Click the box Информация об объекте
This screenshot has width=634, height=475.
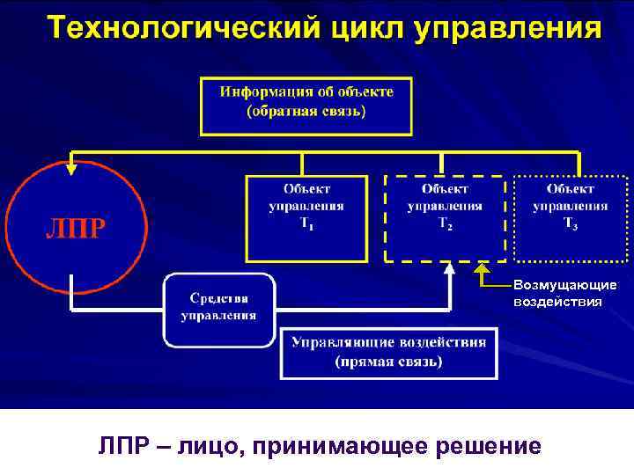(306, 105)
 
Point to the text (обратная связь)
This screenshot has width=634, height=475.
(306, 112)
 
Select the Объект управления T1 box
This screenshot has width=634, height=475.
(306, 218)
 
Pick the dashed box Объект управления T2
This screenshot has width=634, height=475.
(445, 218)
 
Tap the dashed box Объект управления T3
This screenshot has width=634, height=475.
(570, 218)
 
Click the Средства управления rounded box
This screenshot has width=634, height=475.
(219, 309)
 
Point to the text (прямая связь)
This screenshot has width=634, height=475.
(388, 362)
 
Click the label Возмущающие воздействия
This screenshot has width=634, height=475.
(558, 294)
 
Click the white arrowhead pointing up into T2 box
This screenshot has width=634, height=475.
(450, 268)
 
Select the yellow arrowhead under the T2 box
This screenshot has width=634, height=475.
(483, 268)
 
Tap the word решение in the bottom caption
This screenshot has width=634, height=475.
(489, 447)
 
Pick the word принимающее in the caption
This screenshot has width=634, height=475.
(341, 447)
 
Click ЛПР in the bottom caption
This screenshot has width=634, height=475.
(125, 447)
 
